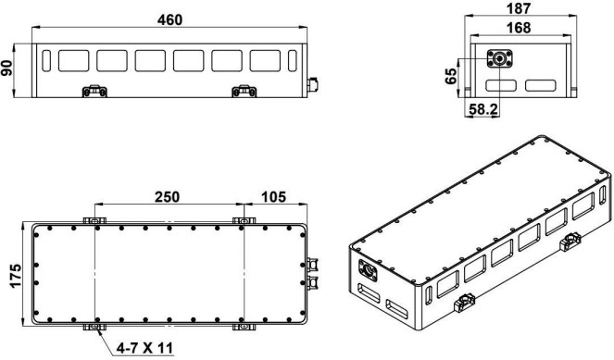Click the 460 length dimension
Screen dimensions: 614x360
(x=170, y=19)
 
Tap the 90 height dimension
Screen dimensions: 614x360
(x=7, y=68)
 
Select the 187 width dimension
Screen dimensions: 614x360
(x=519, y=8)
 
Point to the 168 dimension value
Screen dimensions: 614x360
(x=519, y=28)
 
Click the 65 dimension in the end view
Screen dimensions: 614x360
(x=451, y=76)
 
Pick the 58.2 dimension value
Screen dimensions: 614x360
(x=483, y=109)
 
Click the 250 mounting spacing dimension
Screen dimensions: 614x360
(x=168, y=197)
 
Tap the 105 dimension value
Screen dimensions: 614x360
(x=274, y=197)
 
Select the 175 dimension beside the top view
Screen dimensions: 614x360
(x=15, y=276)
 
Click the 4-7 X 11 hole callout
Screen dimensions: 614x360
(x=144, y=347)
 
